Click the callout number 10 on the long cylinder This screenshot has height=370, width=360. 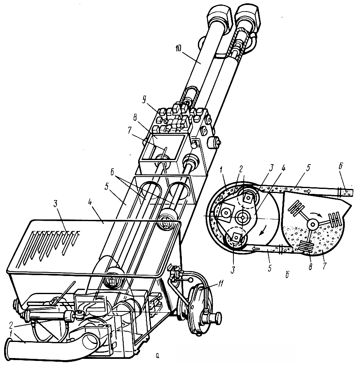pyautogui.click(x=178, y=48)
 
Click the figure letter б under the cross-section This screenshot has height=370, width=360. pyautogui.click(x=287, y=275)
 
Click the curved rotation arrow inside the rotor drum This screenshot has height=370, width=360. pyautogui.click(x=263, y=231)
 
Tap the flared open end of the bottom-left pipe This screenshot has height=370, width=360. pyautogui.click(x=9, y=349)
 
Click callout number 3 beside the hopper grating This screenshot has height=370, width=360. pyautogui.click(x=56, y=204)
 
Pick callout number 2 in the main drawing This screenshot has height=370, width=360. pyautogui.click(x=11, y=325)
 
